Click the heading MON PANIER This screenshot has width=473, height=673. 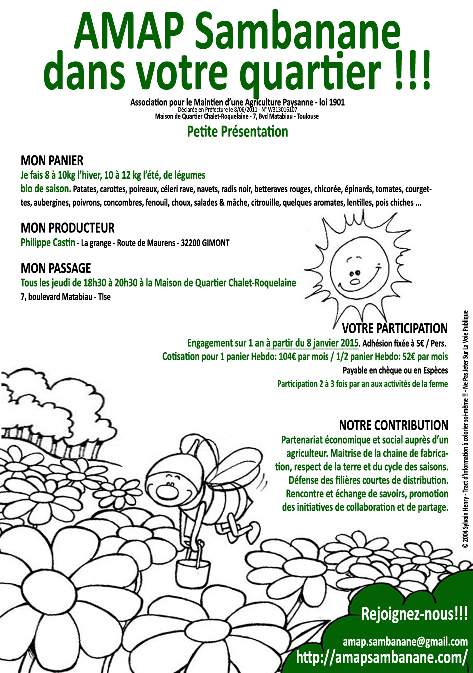click(52, 161)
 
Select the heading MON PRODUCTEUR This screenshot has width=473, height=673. click(67, 228)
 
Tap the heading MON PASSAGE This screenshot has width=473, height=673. click(56, 268)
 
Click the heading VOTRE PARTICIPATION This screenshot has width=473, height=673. click(395, 329)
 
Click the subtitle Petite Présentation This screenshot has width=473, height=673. click(237, 132)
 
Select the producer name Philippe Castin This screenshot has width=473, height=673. click(48, 243)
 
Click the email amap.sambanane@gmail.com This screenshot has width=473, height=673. click(405, 641)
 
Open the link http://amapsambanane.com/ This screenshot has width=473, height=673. click(382, 657)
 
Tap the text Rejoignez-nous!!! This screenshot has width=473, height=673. click(414, 614)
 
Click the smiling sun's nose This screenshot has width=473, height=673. click(354, 281)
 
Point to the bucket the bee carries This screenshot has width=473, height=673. click(193, 568)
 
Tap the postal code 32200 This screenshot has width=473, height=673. click(191, 243)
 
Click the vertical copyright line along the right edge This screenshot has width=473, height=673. click(465, 430)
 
